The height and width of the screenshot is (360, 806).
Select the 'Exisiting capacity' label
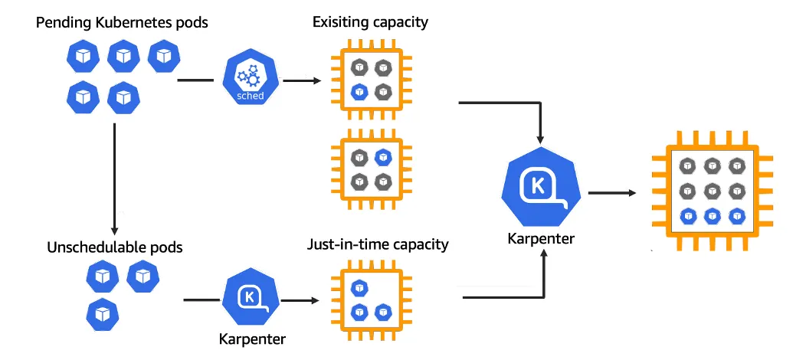(370, 22)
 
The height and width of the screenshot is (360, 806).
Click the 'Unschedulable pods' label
(115, 248)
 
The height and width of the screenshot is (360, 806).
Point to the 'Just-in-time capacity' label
(378, 246)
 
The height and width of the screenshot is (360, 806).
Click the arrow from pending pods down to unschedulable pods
(114, 176)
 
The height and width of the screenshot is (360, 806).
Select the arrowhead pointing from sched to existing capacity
(315, 80)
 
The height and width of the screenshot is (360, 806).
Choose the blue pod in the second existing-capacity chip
(384, 158)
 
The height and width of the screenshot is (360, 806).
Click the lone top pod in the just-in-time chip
(358, 288)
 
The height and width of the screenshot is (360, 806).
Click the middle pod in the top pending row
(123, 56)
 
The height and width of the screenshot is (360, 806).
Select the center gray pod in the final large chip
(712, 190)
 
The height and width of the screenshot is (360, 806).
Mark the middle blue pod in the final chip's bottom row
(712, 215)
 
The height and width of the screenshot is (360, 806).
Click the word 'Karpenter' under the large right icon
(541, 239)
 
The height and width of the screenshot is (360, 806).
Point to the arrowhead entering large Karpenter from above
(541, 139)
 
